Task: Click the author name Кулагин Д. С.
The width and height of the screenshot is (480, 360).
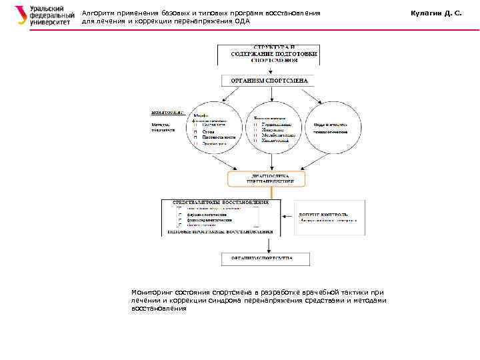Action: click(x=437, y=13)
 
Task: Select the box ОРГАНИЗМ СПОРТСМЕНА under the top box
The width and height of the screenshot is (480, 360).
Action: click(x=268, y=81)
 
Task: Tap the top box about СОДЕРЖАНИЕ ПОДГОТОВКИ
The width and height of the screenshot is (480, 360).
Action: click(x=268, y=54)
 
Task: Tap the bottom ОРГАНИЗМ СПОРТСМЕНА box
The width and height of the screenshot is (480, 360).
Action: click(x=265, y=259)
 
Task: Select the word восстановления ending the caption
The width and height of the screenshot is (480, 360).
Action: click(x=159, y=309)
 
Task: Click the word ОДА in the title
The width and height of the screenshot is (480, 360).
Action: click(x=243, y=21)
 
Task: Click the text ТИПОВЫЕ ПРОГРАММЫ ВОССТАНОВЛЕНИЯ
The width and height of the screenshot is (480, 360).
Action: click(x=221, y=232)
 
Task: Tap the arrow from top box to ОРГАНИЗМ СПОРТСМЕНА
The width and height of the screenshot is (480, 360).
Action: click(x=267, y=69)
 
